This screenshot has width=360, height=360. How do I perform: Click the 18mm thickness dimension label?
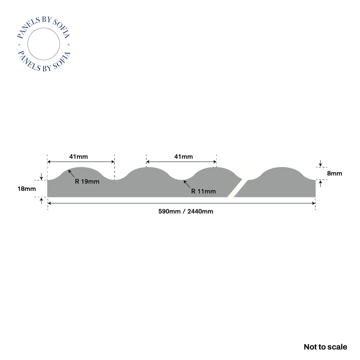tap(27, 189)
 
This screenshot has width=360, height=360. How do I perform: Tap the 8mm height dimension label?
tap(334, 173)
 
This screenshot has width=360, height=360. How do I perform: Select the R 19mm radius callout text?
tap(87, 181)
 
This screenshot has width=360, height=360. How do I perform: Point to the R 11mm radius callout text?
tap(203, 191)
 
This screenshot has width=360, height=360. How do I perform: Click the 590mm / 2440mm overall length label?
tap(186, 211)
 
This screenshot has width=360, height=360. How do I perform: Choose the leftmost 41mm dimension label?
tap(79, 157)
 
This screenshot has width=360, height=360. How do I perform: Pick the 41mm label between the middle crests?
tap(183, 157)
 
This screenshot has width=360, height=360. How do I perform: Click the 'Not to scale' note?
tap(325, 347)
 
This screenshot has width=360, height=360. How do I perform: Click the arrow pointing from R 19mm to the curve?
tap(71, 173)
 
